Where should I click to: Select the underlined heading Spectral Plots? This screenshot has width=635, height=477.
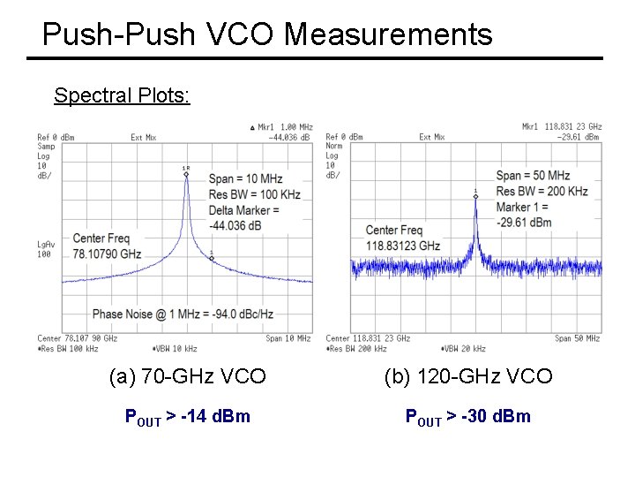[x=122, y=95]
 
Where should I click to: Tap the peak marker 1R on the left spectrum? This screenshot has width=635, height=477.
[x=186, y=174]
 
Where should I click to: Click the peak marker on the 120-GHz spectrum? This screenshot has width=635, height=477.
[x=475, y=196]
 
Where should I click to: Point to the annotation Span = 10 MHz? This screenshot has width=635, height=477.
[x=244, y=179]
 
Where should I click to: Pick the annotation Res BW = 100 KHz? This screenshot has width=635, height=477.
[x=254, y=194]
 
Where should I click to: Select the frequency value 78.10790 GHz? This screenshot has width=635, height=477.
[x=107, y=254]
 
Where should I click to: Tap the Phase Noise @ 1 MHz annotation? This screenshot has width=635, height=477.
[x=183, y=314]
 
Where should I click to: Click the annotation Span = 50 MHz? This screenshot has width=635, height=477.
[x=533, y=176]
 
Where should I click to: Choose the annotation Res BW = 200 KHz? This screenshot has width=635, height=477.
[x=542, y=192]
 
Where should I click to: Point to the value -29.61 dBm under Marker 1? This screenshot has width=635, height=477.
[x=524, y=223]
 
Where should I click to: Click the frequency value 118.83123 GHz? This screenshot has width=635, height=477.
[x=403, y=246]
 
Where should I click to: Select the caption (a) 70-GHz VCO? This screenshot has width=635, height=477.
[x=187, y=377]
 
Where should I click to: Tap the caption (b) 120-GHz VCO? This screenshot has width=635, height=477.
[x=468, y=377]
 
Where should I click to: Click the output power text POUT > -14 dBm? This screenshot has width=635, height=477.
[x=188, y=415]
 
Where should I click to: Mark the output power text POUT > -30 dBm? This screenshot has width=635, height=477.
[x=467, y=415]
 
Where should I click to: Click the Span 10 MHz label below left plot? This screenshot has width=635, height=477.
[x=288, y=338]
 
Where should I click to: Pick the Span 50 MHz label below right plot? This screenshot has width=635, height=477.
[x=577, y=338]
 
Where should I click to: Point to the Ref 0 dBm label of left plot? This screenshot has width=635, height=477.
[x=56, y=137]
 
